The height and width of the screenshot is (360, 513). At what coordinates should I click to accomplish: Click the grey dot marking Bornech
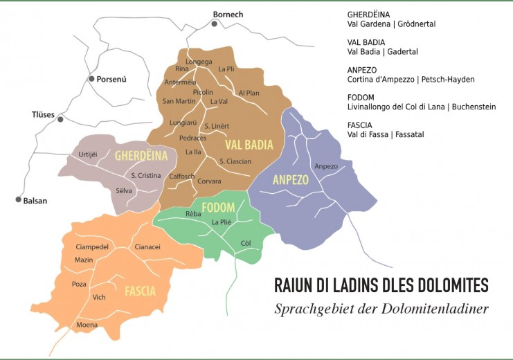tap(215, 24)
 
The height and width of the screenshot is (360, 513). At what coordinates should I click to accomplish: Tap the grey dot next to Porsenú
tap(91, 79)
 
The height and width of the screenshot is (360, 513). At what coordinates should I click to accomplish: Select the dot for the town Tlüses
tap(60, 119)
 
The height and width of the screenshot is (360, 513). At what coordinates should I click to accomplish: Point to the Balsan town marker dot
tap(18, 199)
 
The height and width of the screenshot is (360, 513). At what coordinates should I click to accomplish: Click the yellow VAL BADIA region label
tap(249, 145)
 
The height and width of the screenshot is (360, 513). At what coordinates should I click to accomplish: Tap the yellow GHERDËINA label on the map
tap(142, 155)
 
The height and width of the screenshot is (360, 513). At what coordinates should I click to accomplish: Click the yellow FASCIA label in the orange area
tap(140, 291)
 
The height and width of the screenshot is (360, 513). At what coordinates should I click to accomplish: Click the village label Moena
tap(87, 325)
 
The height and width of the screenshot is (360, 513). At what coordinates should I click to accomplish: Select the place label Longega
tap(199, 61)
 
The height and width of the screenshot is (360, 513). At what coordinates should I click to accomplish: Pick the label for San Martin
tap(178, 101)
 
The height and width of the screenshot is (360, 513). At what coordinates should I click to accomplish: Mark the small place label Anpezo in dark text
tap(325, 166)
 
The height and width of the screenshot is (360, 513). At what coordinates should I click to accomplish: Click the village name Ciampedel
tap(82, 246)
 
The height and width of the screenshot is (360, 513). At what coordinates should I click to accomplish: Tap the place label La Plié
tap(222, 222)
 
